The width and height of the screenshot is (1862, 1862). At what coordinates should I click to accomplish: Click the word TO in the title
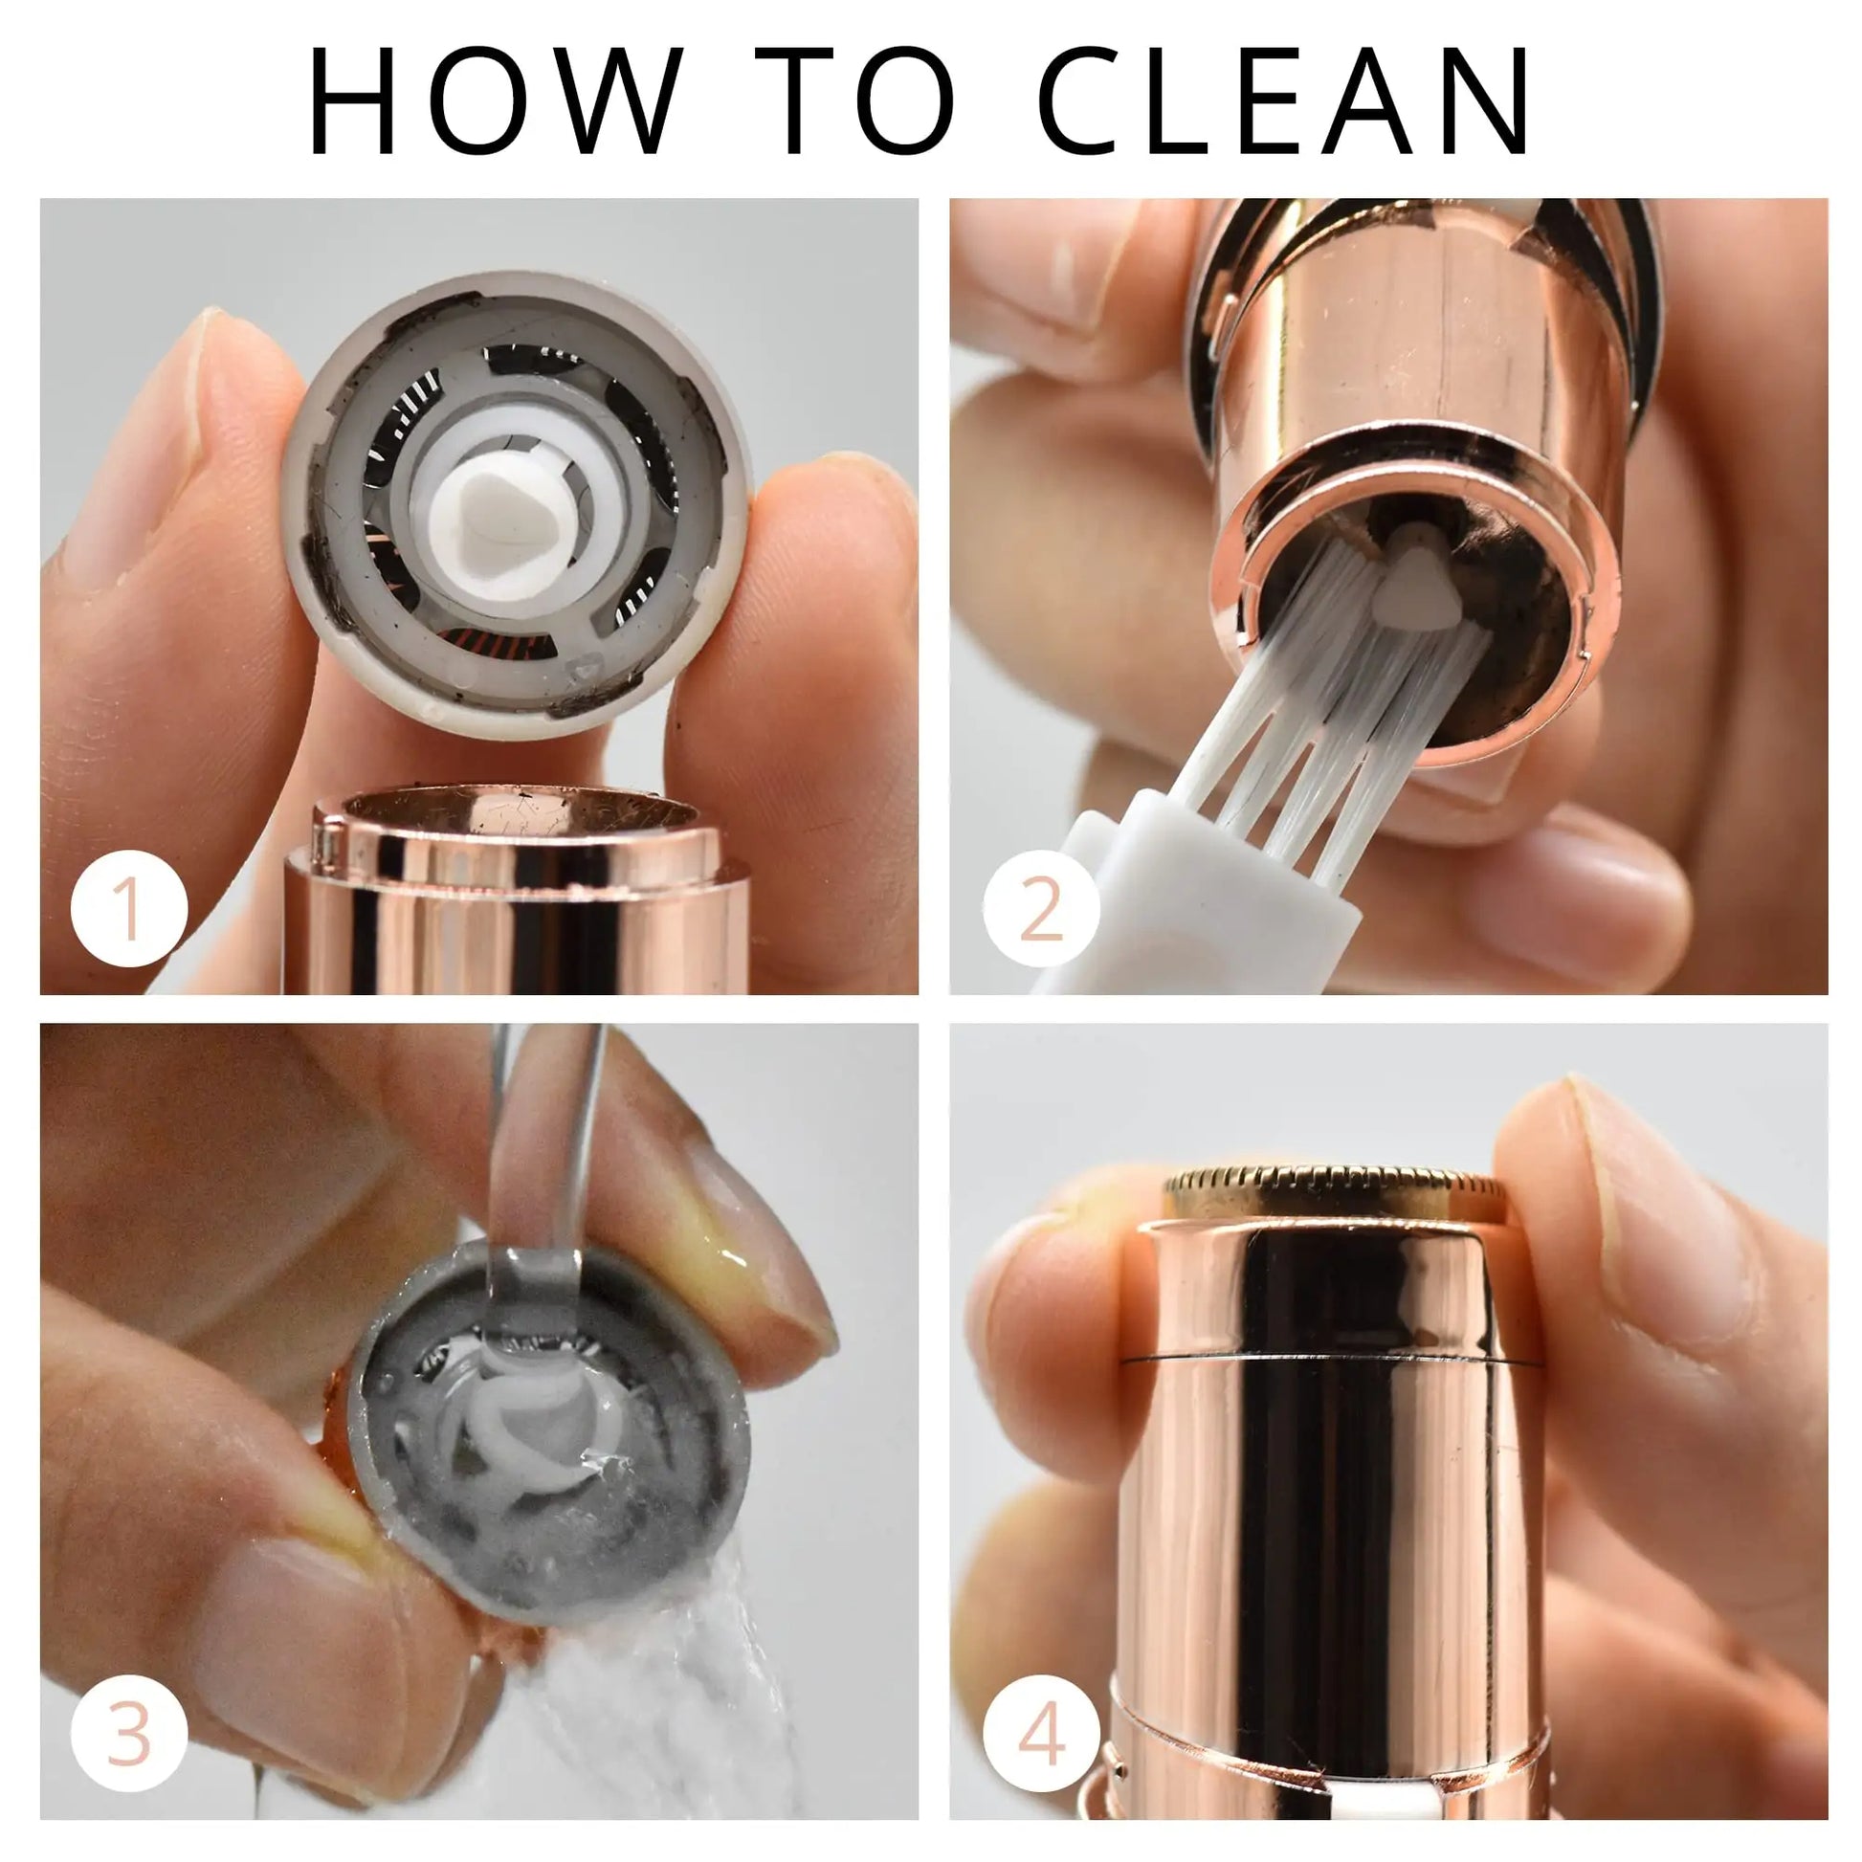[x=854, y=100]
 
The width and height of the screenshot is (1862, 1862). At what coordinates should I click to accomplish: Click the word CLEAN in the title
[x=1285, y=100]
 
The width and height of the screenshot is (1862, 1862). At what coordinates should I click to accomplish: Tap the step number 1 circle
[x=128, y=909]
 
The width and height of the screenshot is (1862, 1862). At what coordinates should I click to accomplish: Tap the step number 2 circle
[x=1041, y=909]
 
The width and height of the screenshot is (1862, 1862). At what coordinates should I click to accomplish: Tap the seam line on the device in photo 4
[x=1330, y=1357]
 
